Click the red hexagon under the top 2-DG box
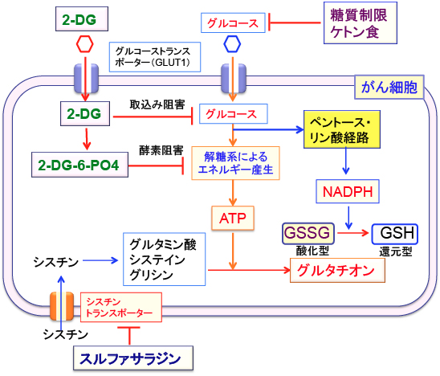(x=85, y=44)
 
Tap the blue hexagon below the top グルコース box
(x=232, y=44)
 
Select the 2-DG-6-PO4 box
(x=79, y=165)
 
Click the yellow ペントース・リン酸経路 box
(x=342, y=129)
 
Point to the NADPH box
(x=348, y=191)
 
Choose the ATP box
(x=233, y=219)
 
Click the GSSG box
(x=308, y=233)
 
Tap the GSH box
(x=395, y=234)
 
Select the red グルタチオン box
(x=337, y=270)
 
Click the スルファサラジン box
(x=133, y=358)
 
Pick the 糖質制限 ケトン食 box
(x=361, y=23)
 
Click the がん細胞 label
(x=389, y=87)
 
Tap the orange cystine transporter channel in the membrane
(x=62, y=306)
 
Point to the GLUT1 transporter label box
(x=155, y=57)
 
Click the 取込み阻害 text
(x=157, y=104)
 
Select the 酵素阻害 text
(x=161, y=150)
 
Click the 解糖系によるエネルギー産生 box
(x=235, y=163)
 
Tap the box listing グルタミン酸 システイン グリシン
(x=164, y=260)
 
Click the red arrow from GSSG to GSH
(x=352, y=233)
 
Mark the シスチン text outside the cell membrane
(x=65, y=334)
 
